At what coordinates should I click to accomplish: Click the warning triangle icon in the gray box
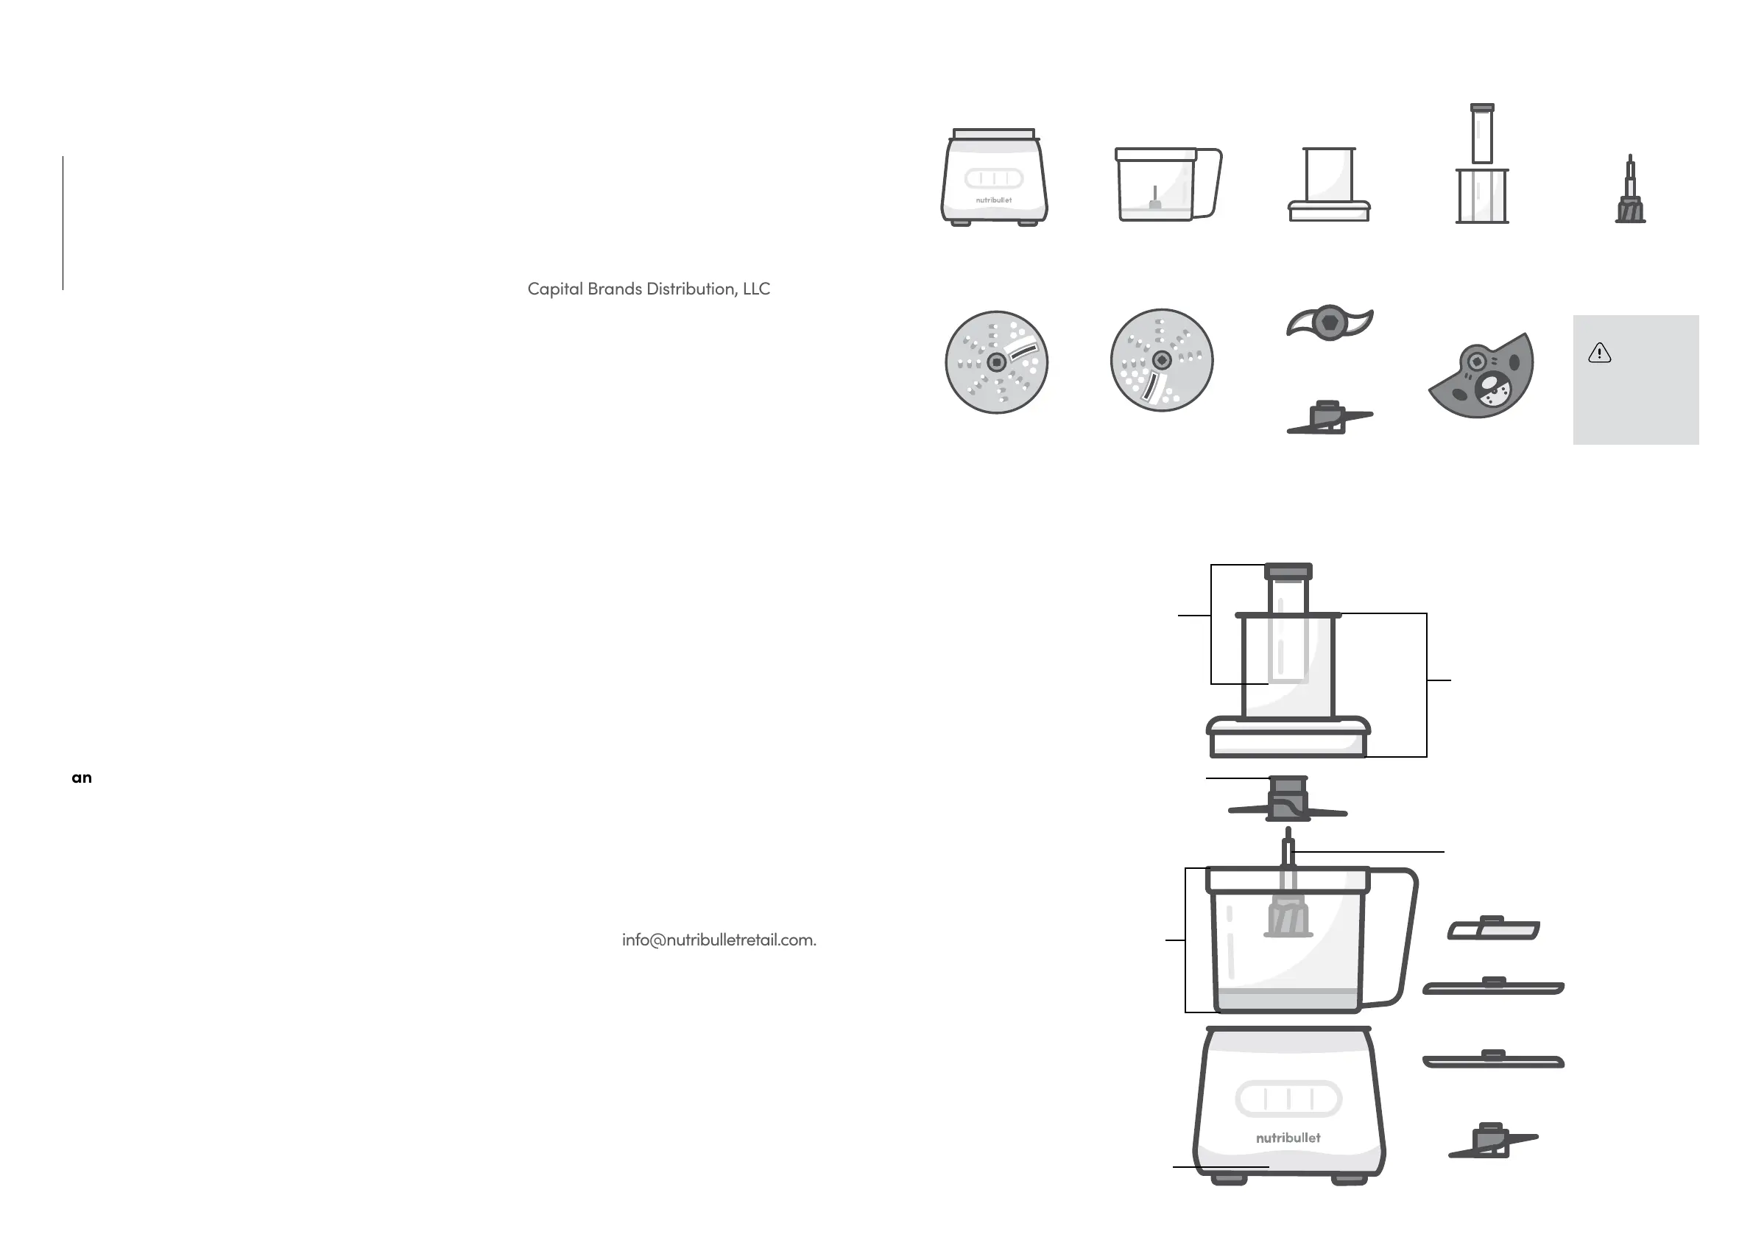click(x=1600, y=353)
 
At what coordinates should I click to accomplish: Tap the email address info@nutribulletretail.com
click(x=719, y=940)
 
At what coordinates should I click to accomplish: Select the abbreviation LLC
click(x=756, y=289)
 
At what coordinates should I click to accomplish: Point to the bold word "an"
click(x=82, y=778)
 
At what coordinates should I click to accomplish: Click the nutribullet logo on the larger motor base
click(x=1288, y=1138)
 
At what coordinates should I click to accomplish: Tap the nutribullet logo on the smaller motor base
click(x=993, y=200)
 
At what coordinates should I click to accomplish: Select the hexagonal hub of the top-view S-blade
click(x=1329, y=322)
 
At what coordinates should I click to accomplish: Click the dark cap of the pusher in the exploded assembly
click(x=1288, y=571)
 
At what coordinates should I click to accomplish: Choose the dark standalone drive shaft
click(x=1630, y=199)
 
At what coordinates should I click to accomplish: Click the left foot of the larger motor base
click(x=1229, y=1180)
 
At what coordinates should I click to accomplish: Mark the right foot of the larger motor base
click(x=1349, y=1180)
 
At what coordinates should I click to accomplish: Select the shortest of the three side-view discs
click(x=1493, y=929)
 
